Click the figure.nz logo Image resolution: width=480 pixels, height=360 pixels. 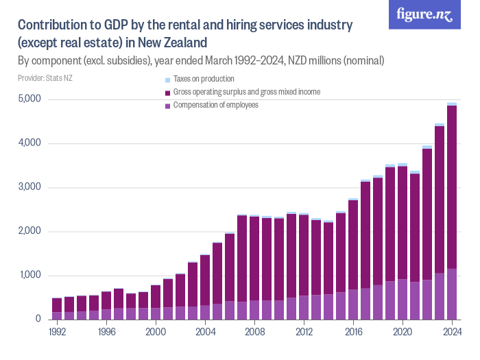(x=424, y=14)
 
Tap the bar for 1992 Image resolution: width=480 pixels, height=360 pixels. (x=57, y=309)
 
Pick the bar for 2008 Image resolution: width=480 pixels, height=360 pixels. (x=254, y=267)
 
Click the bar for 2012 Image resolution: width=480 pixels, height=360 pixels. (x=304, y=267)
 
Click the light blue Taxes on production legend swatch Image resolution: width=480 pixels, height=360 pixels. (x=167, y=80)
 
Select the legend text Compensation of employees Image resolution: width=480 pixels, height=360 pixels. (x=215, y=105)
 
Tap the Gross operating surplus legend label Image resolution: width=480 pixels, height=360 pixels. (x=246, y=92)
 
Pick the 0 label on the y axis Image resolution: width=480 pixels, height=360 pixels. (x=39, y=320)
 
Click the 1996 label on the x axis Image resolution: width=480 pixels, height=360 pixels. (x=106, y=331)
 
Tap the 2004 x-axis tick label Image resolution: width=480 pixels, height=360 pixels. (x=205, y=331)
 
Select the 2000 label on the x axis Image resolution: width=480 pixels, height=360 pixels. (x=156, y=331)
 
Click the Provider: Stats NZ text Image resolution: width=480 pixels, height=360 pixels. (x=45, y=78)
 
